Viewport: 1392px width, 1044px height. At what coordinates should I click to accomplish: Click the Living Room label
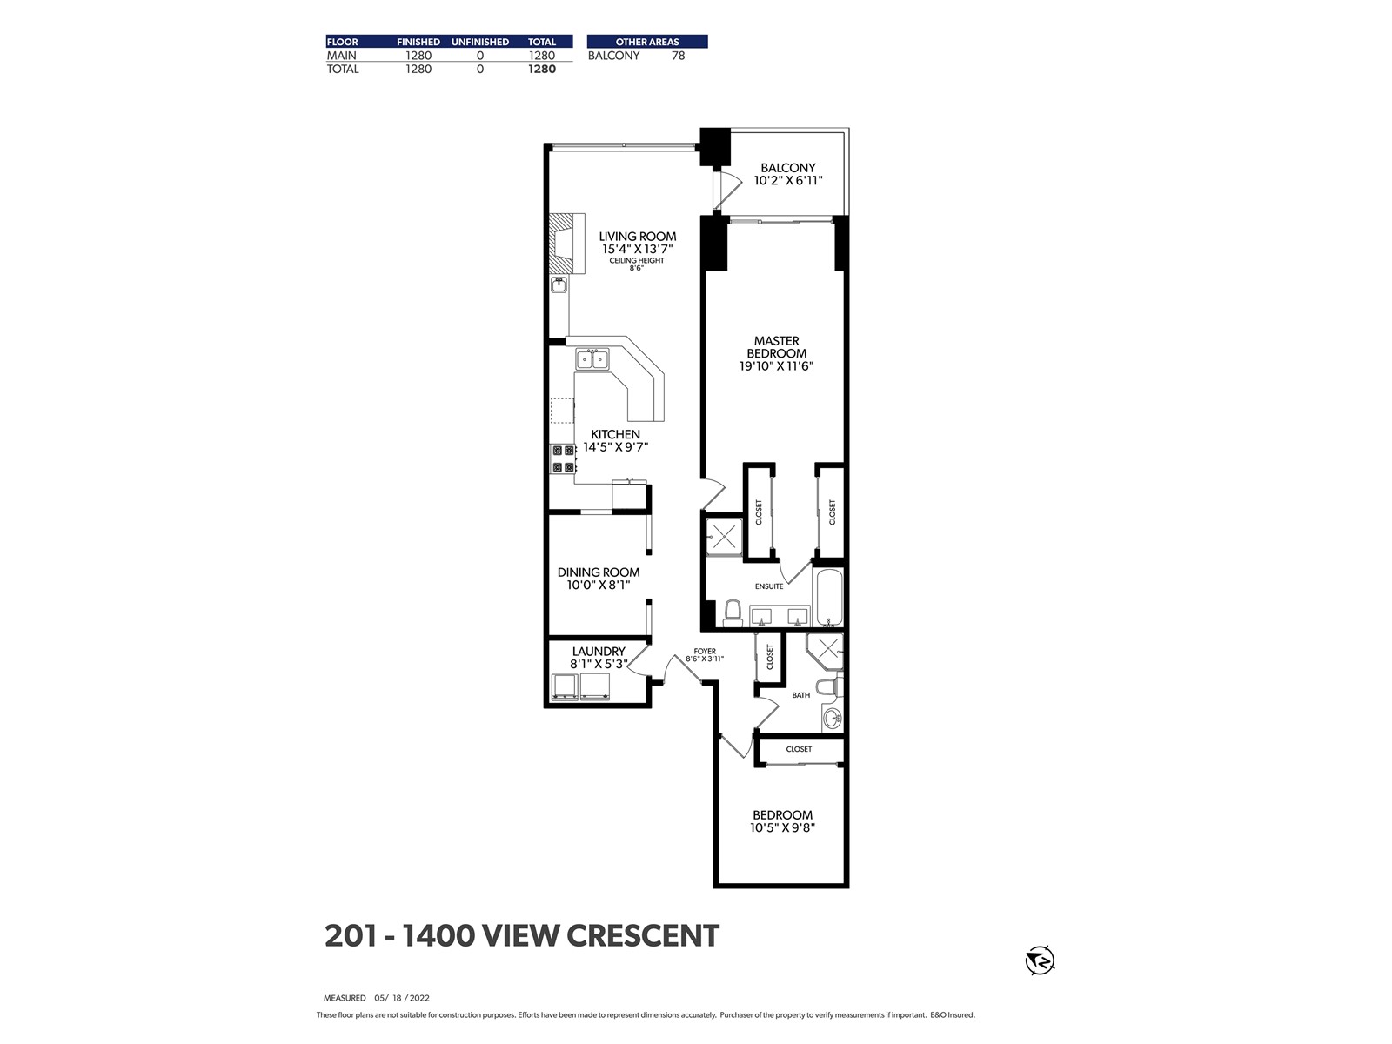[x=638, y=237]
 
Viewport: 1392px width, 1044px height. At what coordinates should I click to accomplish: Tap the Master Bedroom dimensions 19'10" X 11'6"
[x=776, y=365]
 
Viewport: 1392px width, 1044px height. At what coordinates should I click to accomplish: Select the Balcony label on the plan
[x=788, y=167]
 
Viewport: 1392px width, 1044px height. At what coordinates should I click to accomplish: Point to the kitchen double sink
[x=592, y=359]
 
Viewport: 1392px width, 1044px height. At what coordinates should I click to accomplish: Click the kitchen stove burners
[x=563, y=459]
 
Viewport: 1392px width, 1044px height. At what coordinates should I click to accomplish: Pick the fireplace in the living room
[x=566, y=244]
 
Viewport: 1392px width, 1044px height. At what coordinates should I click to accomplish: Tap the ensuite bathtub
[x=829, y=597]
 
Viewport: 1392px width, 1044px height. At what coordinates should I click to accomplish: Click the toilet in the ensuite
[x=733, y=613]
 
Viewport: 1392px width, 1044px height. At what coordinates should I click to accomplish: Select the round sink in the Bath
[x=832, y=719]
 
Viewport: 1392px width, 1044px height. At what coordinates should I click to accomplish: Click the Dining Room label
[x=599, y=572]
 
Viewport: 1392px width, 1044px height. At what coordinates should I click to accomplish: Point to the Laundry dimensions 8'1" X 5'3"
[x=599, y=664]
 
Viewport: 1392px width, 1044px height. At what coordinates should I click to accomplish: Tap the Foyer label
[x=705, y=651]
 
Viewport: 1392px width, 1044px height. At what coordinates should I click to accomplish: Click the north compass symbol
[x=1040, y=960]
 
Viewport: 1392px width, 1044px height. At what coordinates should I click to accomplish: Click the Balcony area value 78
[x=678, y=56]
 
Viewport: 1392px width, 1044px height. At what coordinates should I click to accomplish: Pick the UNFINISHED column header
[x=480, y=42]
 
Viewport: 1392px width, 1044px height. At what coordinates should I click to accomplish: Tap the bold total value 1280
[x=542, y=69]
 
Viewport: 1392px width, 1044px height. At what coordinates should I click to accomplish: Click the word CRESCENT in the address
[x=643, y=935]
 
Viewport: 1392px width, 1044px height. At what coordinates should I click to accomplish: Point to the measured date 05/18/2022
[x=402, y=998]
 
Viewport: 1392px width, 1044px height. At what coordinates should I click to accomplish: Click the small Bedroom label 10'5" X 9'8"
[x=782, y=827]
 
